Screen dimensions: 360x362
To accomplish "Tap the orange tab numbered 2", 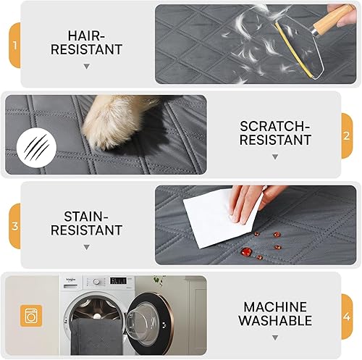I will (x=347, y=135).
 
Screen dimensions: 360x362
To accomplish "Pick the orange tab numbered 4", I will (x=347, y=315).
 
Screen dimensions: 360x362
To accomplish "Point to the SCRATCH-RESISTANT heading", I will (x=274, y=133).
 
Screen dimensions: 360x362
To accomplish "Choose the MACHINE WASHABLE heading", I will (x=274, y=313).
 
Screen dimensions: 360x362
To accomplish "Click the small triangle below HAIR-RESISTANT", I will (x=87, y=66).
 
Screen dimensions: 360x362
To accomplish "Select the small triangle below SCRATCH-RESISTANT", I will (x=274, y=156).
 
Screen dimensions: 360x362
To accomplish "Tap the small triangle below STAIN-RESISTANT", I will (x=87, y=247).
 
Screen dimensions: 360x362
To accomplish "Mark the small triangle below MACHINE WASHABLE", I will (x=274, y=337).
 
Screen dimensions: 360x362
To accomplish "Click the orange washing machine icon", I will (x=30, y=315).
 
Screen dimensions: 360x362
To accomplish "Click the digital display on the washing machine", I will (x=118, y=281).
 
